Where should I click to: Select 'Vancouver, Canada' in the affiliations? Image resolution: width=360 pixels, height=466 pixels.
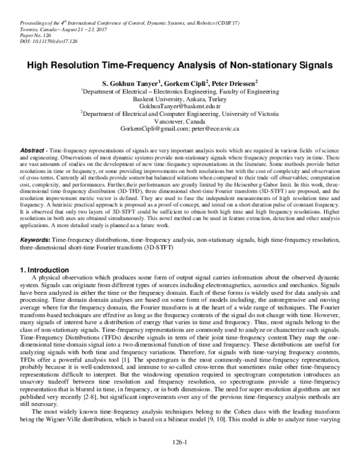[181, 121]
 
